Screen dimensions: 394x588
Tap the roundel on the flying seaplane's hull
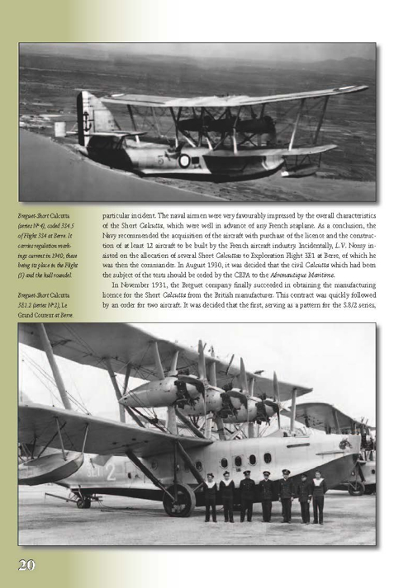[183, 160]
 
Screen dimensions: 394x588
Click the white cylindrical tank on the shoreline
[59, 129]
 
